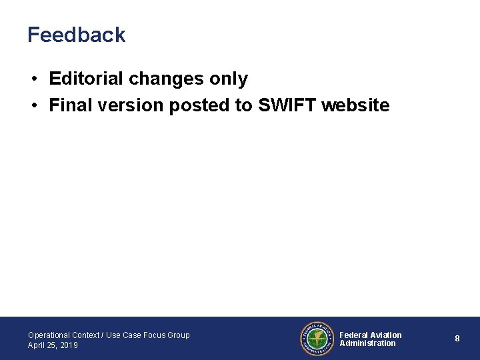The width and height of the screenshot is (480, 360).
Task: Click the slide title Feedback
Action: coord(76,35)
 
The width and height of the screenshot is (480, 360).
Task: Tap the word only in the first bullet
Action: coord(228,79)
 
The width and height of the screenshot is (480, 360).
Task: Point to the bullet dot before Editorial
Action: coord(33,79)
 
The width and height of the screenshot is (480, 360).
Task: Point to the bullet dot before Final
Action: coord(33,106)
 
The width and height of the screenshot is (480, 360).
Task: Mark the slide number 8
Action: coord(457,339)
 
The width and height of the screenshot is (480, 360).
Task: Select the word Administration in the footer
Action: coord(367,343)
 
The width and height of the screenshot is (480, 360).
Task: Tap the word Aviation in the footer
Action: coord(386,335)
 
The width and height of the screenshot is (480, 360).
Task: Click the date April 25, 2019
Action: coord(53,345)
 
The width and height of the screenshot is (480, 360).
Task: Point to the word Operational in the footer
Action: coord(49,335)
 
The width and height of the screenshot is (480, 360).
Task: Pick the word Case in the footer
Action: coord(131,335)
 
